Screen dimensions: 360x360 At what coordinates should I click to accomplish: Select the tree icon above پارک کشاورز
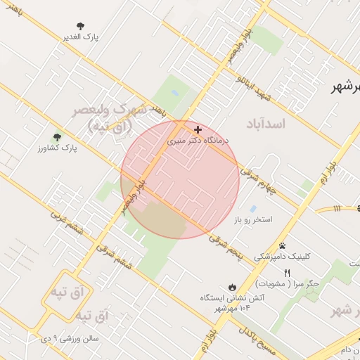(57, 137)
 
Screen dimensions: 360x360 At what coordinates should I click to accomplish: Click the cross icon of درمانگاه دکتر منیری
(198, 129)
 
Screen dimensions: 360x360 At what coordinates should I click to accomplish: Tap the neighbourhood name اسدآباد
(266, 124)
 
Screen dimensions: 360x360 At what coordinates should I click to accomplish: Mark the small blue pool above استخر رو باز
(253, 208)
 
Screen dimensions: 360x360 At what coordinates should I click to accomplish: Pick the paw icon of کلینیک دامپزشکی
(282, 246)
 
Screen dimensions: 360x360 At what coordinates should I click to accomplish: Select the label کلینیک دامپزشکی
(281, 257)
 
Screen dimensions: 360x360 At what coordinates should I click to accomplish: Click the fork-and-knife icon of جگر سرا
(287, 273)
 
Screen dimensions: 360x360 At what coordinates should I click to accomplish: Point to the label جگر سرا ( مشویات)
(288, 284)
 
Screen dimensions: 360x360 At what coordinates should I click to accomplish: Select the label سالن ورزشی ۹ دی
(70, 338)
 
